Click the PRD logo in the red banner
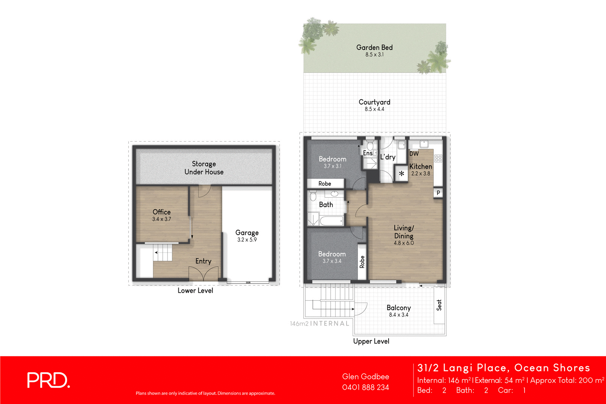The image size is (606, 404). click(x=48, y=380)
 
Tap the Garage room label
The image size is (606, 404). click(x=247, y=232)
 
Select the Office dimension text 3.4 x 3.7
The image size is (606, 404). click(x=162, y=219)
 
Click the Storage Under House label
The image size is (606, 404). click(x=204, y=168)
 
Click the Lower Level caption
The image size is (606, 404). click(x=195, y=290)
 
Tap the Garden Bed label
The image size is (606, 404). click(x=374, y=47)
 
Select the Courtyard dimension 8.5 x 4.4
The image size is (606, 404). click(x=374, y=109)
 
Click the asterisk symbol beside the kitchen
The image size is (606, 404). click(x=401, y=174)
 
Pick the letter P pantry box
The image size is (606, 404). click(x=438, y=193)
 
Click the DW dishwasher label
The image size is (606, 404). click(x=414, y=154)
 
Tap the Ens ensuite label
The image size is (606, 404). click(x=367, y=153)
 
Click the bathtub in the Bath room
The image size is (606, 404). click(x=331, y=220)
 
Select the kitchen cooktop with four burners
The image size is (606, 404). click(x=438, y=159)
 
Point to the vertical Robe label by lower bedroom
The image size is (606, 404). click(x=362, y=262)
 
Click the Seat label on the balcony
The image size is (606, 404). click(x=439, y=305)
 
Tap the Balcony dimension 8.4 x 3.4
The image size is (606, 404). click(x=398, y=315)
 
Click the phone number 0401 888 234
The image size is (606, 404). click(x=365, y=387)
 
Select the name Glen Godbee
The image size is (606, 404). click(x=365, y=376)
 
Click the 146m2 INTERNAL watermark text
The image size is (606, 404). click(x=319, y=324)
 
